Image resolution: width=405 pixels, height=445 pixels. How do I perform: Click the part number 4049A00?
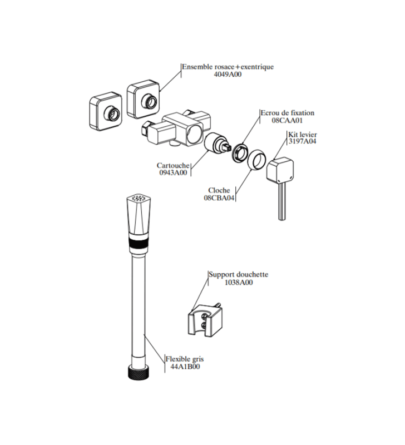[228, 75]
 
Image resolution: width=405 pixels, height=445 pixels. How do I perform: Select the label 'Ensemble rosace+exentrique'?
[228, 67]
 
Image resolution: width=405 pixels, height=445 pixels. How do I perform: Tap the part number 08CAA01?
[287, 120]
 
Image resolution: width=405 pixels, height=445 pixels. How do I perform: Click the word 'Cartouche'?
[173, 165]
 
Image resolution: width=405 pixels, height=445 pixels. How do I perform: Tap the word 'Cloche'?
[219, 190]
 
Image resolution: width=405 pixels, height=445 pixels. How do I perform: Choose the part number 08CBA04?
[219, 198]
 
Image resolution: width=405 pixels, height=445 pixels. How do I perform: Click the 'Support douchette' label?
[238, 274]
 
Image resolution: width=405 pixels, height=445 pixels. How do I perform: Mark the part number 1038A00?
[238, 283]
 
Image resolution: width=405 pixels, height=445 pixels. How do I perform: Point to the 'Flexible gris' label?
[185, 359]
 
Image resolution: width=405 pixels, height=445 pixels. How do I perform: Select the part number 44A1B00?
[185, 368]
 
